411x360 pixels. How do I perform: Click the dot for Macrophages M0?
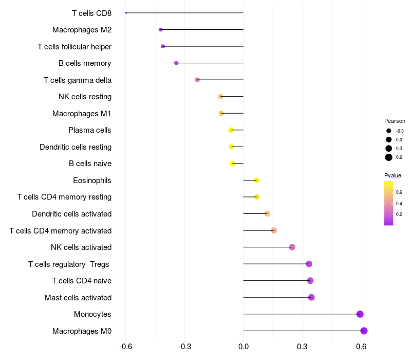click(364, 331)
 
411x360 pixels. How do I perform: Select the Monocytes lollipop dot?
click(360, 314)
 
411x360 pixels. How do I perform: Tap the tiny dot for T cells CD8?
click(126, 13)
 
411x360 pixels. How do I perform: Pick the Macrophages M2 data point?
click(161, 30)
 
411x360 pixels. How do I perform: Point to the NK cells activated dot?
click(292, 247)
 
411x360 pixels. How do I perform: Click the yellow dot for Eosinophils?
click(257, 180)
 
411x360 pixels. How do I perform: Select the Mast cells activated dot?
click(311, 297)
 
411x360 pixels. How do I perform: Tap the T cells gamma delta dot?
click(197, 80)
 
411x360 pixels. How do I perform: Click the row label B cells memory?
click(85, 63)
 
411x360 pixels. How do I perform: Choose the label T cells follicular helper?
click(74, 47)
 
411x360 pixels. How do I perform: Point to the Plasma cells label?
click(90, 130)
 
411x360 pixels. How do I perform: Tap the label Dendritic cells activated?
click(71, 213)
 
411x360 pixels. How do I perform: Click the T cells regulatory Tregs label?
click(69, 264)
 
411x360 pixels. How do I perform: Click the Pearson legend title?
click(395, 121)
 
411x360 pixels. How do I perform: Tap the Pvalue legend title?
click(393, 175)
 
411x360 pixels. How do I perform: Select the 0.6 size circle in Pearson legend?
click(389, 157)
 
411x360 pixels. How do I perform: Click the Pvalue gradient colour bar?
click(389, 203)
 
